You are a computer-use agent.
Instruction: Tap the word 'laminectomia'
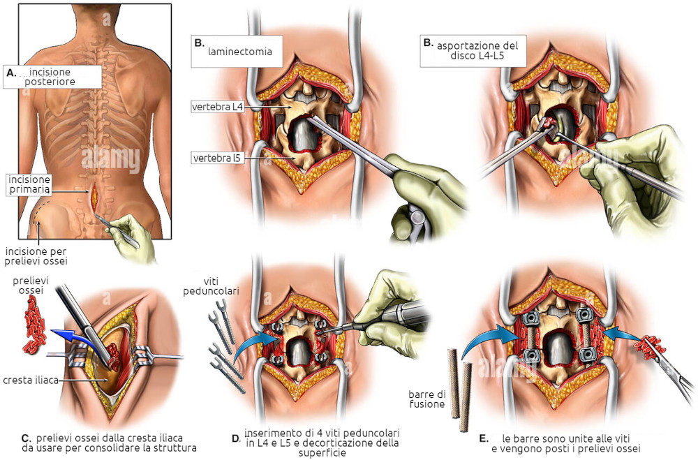tap(240, 51)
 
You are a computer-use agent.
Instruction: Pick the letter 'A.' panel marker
tap(11, 72)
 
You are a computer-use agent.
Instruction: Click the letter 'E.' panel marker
tap(484, 438)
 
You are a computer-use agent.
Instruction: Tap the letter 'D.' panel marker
tap(236, 439)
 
